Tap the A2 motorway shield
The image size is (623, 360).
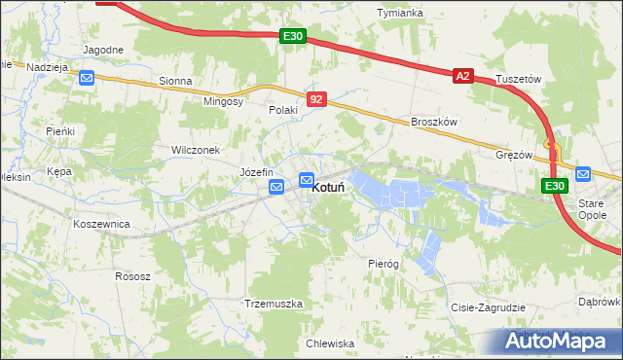[x=462, y=75]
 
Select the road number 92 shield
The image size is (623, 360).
[x=316, y=99]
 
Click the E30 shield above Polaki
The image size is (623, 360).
[x=293, y=36]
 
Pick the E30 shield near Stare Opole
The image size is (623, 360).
[x=554, y=186]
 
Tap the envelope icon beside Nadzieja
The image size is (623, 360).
[x=87, y=78]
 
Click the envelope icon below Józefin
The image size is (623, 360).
[x=277, y=187]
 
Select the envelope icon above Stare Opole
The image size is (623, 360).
[x=583, y=174]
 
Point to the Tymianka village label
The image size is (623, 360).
[x=400, y=13]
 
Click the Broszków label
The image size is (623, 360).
[x=434, y=122]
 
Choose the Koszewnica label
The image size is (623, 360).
[x=101, y=223]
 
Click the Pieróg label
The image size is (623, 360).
[x=384, y=264]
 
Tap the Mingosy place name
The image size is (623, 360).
[x=223, y=101]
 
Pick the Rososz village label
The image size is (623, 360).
[x=132, y=276]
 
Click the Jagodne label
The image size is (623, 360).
[x=103, y=50]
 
